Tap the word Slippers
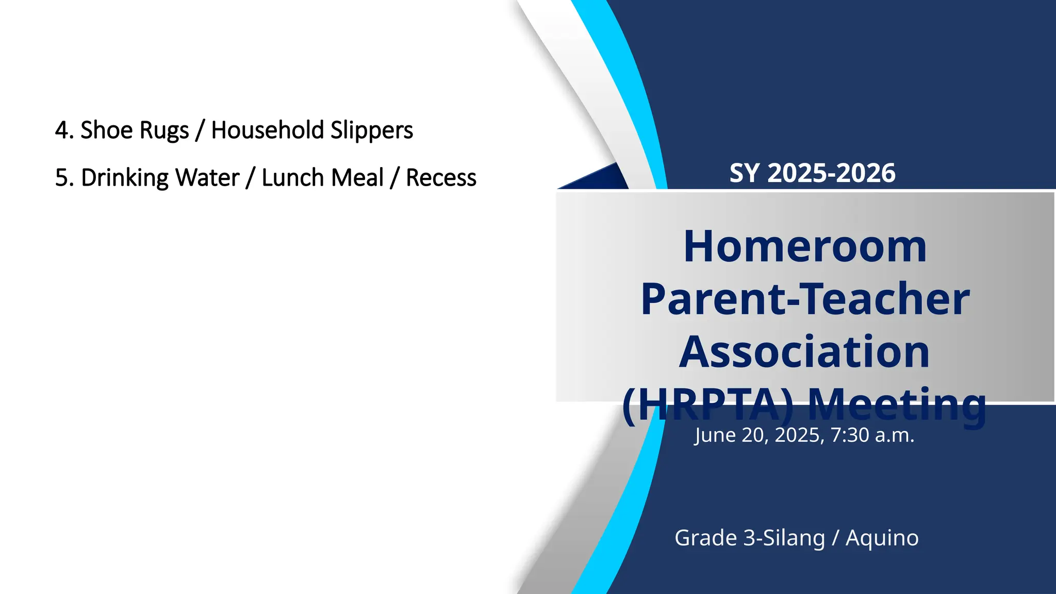371,130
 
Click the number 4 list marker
63,130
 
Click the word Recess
441,178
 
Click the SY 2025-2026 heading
812,173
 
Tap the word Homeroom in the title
805,246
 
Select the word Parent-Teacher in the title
805,299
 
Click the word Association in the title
804,352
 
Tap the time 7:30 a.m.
872,435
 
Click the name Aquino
882,538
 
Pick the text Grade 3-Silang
750,538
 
